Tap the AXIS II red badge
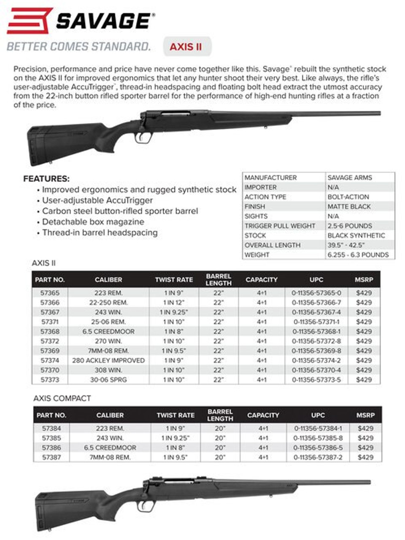[186, 47]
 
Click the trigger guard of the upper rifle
[144, 137]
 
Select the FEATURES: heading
[46, 179]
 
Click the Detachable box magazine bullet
[93, 222]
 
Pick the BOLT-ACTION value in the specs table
[348, 197]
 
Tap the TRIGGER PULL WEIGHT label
[280, 226]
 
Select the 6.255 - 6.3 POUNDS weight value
[358, 255]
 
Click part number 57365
[50, 293]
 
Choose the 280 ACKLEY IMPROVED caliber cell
[108, 360]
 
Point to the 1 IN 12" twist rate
[174, 302]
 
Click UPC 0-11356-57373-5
[316, 380]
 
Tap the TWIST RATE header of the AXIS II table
[174, 280]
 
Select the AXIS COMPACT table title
[62, 398]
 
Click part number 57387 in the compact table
[51, 457]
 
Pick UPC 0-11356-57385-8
[318, 438]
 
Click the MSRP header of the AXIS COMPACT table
[365, 415]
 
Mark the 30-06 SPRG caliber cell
[108, 380]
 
